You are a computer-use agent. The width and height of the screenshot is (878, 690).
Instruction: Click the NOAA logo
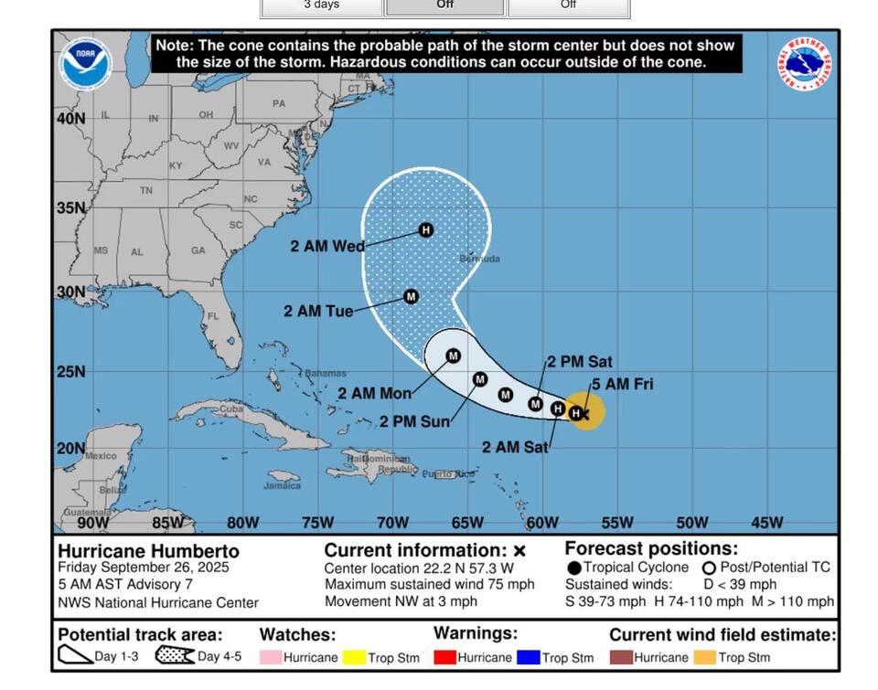[86, 64]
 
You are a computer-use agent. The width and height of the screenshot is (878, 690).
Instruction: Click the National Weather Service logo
[805, 64]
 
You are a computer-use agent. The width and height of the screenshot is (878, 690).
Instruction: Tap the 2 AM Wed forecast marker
[425, 230]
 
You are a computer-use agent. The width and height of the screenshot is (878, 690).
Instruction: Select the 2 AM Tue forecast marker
[411, 297]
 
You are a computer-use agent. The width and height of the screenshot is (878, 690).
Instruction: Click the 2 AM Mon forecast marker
[453, 356]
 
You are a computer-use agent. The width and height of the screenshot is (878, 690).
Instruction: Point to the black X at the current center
[586, 414]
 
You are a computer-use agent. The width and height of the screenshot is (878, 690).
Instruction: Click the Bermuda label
[479, 259]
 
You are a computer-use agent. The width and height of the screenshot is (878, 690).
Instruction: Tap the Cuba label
[231, 409]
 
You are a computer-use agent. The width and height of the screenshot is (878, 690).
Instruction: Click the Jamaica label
[282, 485]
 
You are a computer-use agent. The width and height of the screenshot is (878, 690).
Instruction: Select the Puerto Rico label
[448, 474]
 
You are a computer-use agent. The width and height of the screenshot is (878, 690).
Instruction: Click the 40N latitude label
[71, 119]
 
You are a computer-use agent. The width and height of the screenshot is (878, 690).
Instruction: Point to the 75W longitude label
[317, 523]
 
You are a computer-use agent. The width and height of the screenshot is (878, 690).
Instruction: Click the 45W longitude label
[766, 523]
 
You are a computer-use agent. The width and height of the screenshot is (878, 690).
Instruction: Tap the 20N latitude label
[71, 448]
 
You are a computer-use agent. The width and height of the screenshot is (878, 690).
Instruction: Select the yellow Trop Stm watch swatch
[355, 657]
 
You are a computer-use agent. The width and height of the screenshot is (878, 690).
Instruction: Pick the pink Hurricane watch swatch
[271, 657]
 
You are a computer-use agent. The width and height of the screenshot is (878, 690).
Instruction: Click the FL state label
[213, 316]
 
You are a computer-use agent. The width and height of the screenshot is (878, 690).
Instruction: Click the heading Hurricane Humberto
[148, 551]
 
